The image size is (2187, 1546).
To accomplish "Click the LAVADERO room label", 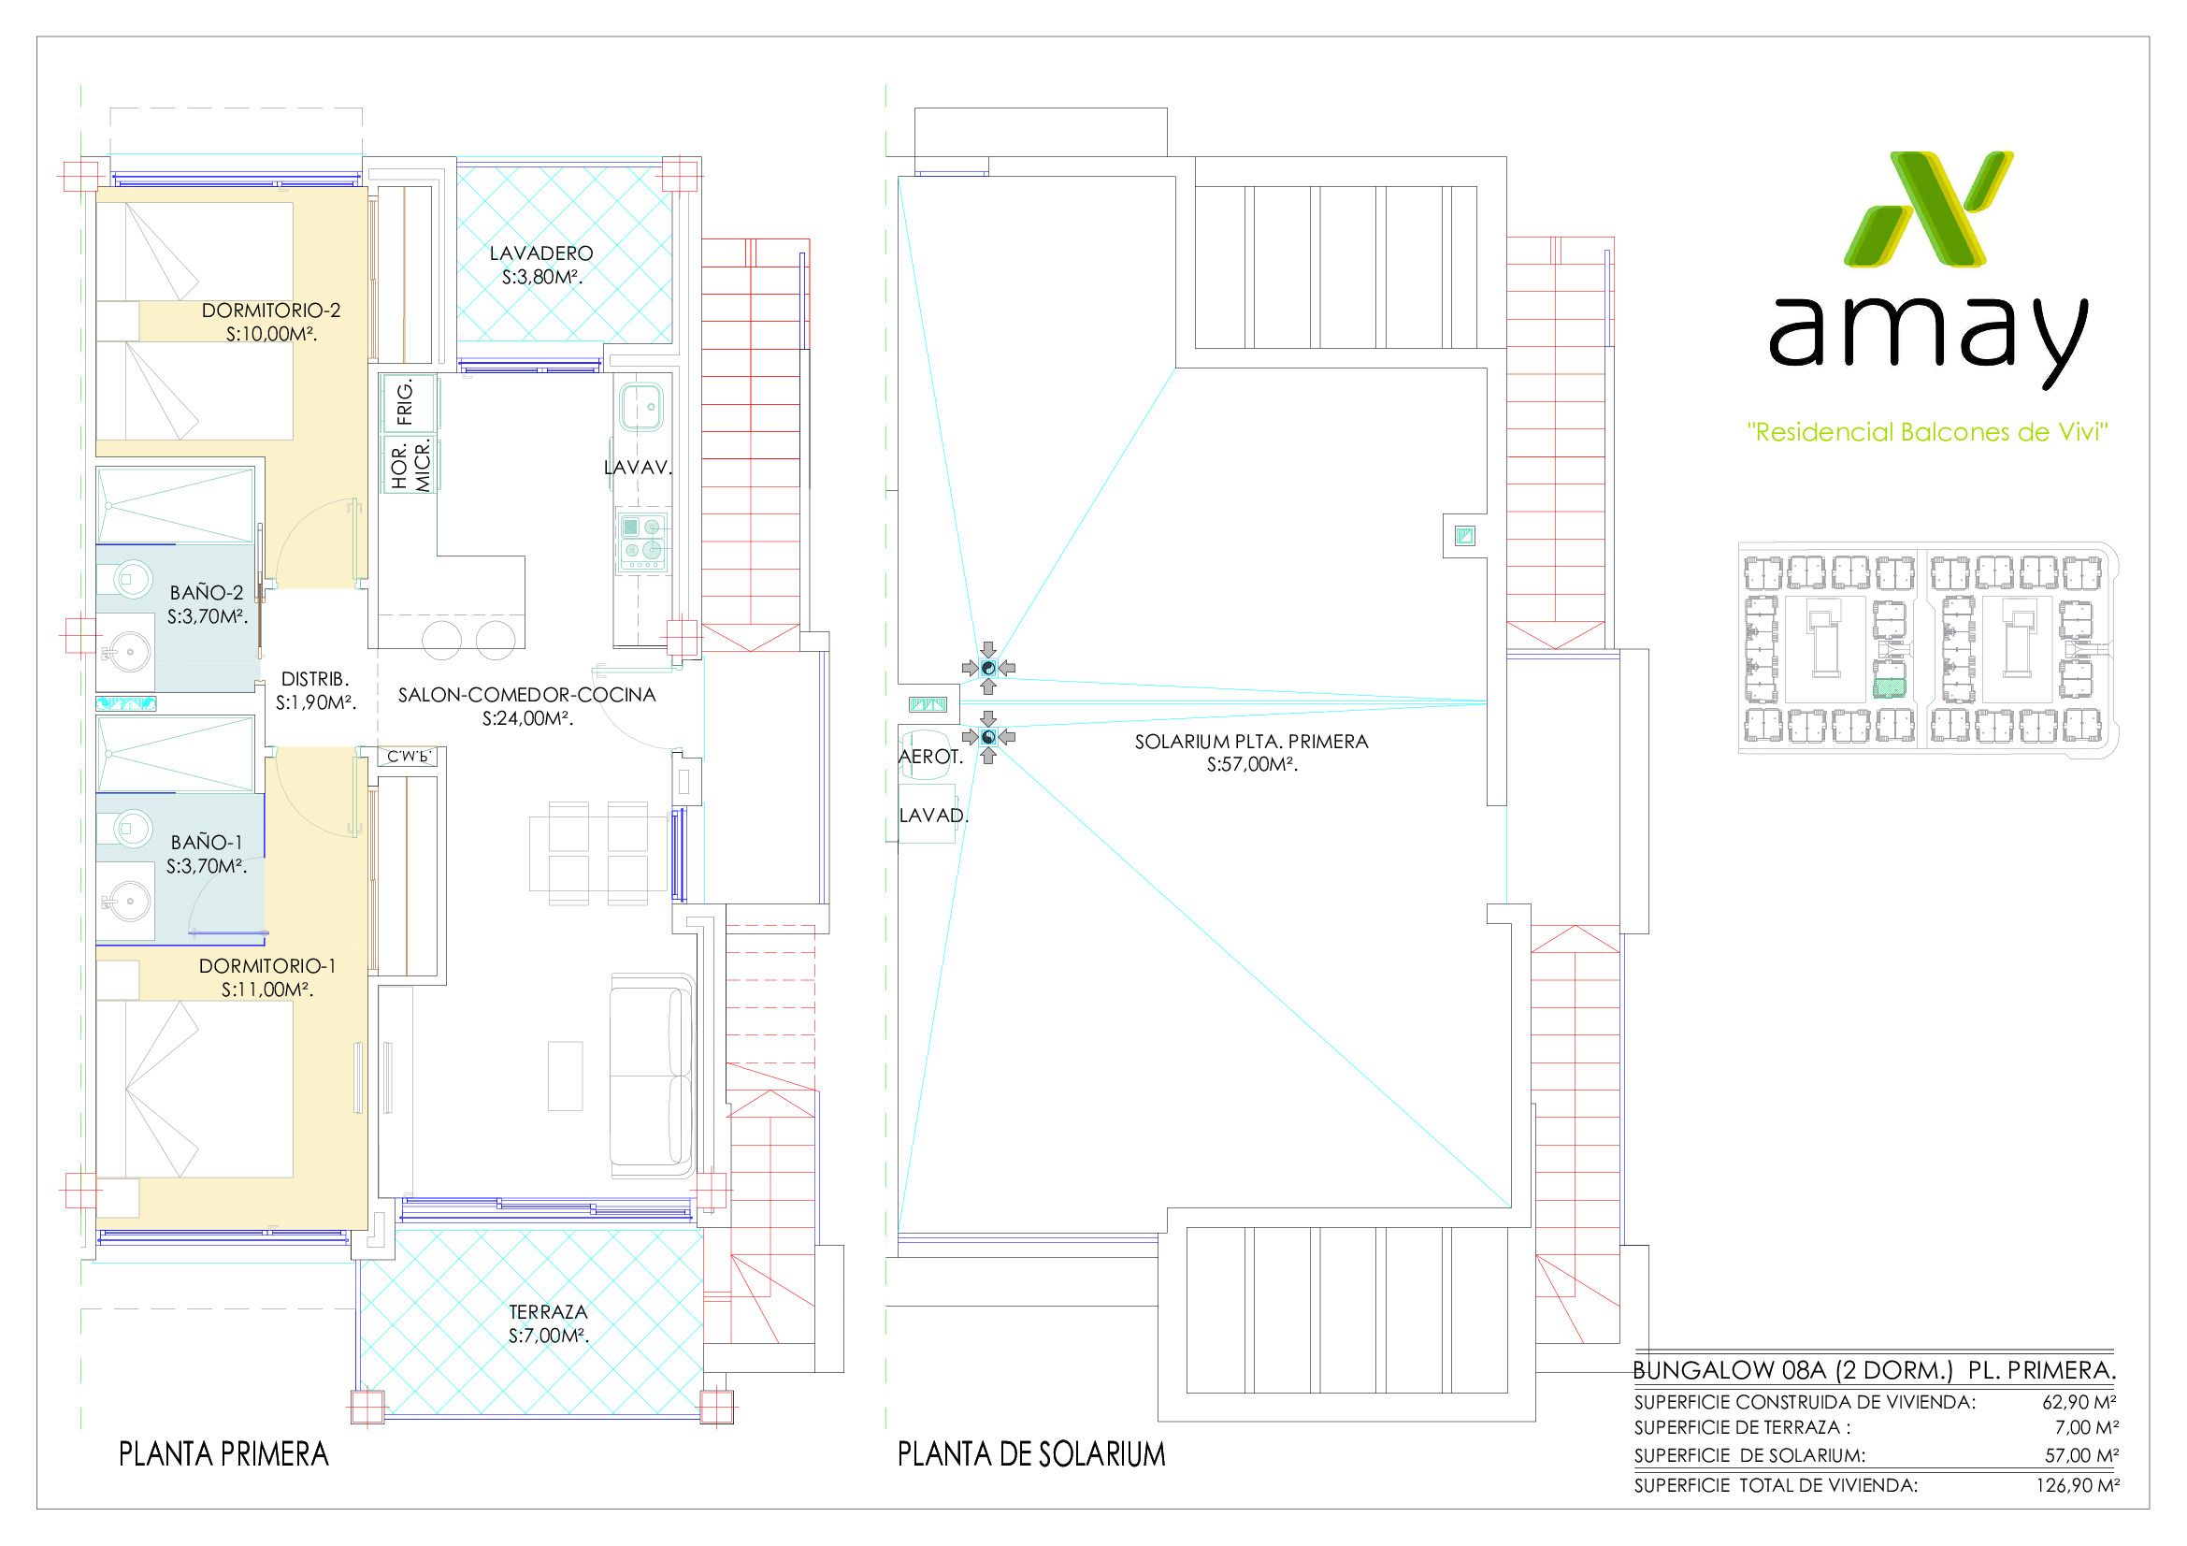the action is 541,254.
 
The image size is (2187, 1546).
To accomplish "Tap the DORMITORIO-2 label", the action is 270,311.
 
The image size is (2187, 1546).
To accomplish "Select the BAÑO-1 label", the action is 208,843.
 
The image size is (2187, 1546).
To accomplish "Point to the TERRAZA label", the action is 549,1311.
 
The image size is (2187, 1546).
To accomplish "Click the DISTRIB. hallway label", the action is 315,680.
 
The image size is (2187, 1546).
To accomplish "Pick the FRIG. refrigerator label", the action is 406,402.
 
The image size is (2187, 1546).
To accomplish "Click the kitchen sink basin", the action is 643,406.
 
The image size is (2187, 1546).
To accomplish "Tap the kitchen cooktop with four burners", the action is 643,543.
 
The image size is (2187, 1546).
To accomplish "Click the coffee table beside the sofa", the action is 566,1076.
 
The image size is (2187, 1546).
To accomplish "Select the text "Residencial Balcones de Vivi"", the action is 1930,432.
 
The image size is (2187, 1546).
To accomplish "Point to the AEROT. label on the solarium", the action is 931,758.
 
